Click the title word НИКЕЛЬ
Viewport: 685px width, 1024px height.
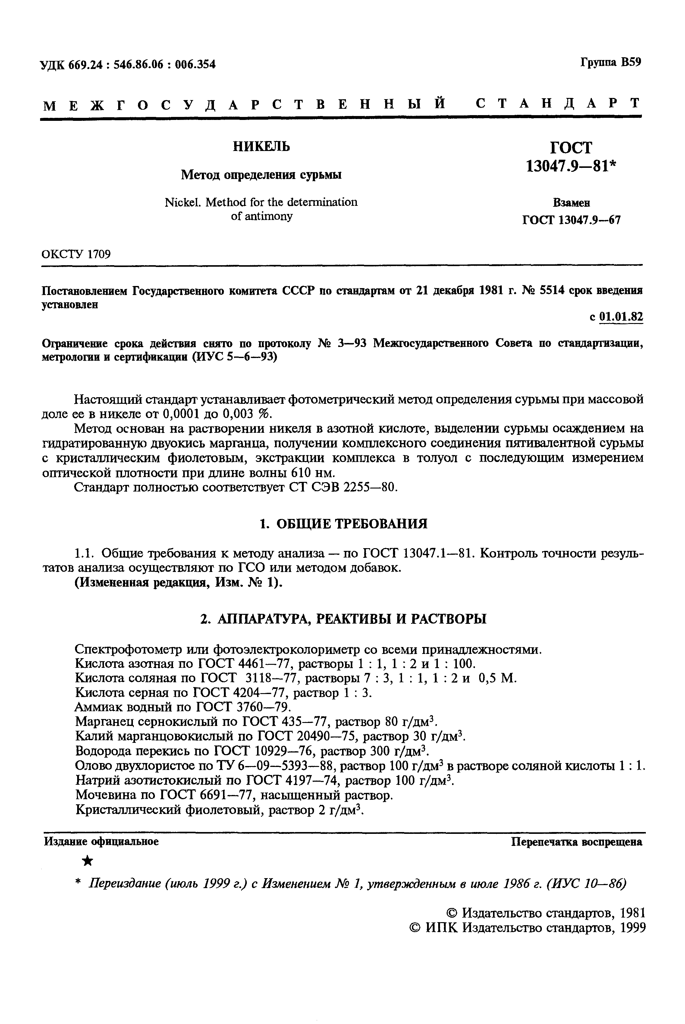point(261,146)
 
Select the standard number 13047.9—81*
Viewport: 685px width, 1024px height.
point(570,166)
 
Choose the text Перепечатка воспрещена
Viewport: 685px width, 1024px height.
point(577,842)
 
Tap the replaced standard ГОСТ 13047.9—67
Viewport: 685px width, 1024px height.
point(571,220)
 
